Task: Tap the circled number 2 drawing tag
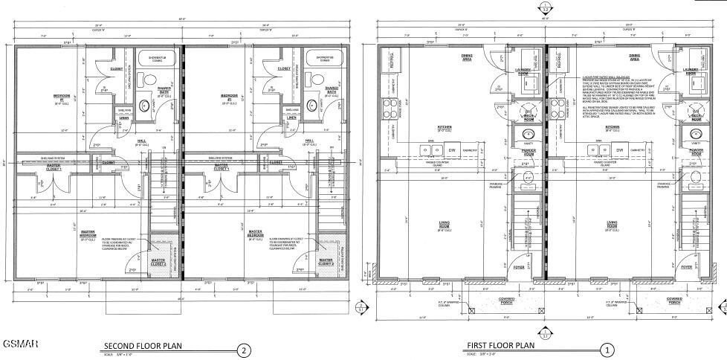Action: [x=242, y=349]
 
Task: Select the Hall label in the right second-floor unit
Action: [x=309, y=141]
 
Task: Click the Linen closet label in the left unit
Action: [x=124, y=118]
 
